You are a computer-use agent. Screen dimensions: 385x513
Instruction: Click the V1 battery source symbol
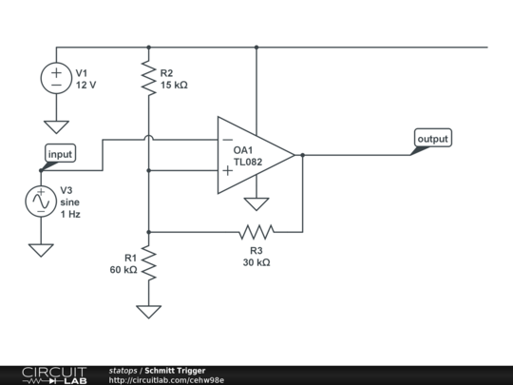pos(56,78)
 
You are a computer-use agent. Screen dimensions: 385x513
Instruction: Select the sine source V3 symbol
pos(41,202)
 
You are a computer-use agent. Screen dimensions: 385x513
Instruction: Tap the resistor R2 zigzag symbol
pos(148,78)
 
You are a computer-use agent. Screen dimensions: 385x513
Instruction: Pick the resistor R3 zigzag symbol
pos(256,231)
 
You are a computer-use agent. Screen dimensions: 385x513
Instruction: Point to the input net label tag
pos(59,154)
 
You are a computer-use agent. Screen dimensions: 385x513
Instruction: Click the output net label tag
pos(432,139)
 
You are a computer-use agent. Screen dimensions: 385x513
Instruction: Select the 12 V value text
pos(85,85)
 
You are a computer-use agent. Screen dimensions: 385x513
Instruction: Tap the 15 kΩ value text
pos(174,85)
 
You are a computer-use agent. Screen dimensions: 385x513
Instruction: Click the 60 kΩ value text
pos(123,270)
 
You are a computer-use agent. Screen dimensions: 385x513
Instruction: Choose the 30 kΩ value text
pos(256,262)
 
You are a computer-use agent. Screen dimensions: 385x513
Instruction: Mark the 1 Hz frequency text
pos(71,215)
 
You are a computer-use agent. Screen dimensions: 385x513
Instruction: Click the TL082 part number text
pos(249,164)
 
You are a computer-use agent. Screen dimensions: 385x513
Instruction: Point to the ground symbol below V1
pos(56,126)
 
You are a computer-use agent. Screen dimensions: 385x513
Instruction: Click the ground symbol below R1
pos(148,311)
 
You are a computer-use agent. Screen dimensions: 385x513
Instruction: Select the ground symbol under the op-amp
pos(256,202)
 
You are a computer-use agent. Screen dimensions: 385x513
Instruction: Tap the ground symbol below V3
pos(41,250)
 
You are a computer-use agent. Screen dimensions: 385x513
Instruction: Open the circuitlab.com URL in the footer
pos(166,380)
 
